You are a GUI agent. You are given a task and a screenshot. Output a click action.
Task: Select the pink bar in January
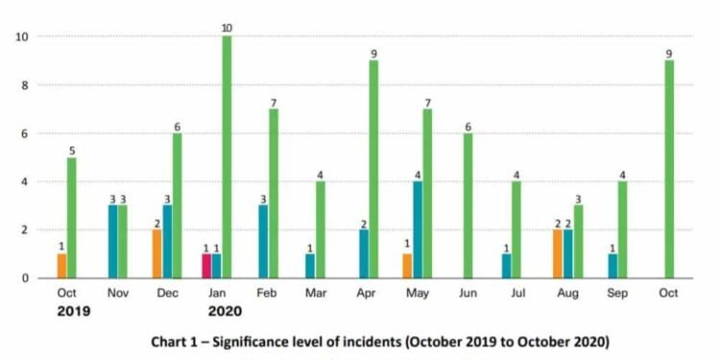(x=206, y=266)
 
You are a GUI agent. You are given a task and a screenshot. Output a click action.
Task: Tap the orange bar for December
(x=156, y=254)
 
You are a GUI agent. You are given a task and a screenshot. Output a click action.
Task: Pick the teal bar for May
(x=419, y=229)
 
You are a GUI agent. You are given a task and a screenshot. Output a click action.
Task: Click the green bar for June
(x=468, y=205)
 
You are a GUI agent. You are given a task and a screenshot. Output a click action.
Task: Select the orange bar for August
(x=558, y=254)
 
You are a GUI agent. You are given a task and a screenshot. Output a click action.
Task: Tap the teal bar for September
(x=612, y=266)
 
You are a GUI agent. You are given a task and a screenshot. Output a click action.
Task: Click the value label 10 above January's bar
(x=227, y=28)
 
